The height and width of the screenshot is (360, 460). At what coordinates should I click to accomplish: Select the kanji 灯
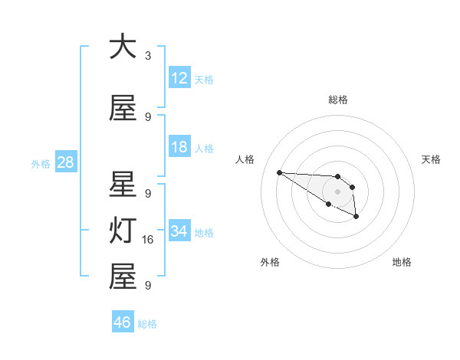point(123,231)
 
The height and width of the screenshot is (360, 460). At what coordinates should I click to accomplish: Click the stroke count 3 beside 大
point(148,55)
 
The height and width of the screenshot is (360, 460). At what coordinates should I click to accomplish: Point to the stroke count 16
point(149,240)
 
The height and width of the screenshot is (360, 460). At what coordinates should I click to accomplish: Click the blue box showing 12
point(179,77)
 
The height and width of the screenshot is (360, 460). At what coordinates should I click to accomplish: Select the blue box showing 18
point(179,147)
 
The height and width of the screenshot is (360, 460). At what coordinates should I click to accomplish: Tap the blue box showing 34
point(179,231)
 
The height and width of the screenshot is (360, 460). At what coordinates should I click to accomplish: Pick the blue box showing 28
point(65,162)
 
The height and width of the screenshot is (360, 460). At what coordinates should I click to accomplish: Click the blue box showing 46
point(123,322)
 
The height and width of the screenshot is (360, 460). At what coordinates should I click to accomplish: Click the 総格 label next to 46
point(147,324)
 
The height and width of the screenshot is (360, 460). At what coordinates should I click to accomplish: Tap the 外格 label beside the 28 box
point(41,164)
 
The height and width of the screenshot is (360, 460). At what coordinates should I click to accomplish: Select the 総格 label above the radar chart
point(337,100)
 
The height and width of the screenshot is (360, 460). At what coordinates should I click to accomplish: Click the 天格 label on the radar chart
point(431,159)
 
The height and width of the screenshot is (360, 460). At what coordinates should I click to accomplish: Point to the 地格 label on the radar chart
point(402,262)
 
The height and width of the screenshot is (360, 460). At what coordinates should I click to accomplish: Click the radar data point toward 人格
point(279,172)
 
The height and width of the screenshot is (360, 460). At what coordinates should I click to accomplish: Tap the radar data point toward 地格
point(356,218)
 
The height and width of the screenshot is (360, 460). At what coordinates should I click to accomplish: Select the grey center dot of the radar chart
point(337,191)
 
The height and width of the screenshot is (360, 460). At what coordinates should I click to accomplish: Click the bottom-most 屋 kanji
point(123,277)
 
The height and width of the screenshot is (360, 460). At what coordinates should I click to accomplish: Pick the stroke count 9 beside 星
point(148,194)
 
